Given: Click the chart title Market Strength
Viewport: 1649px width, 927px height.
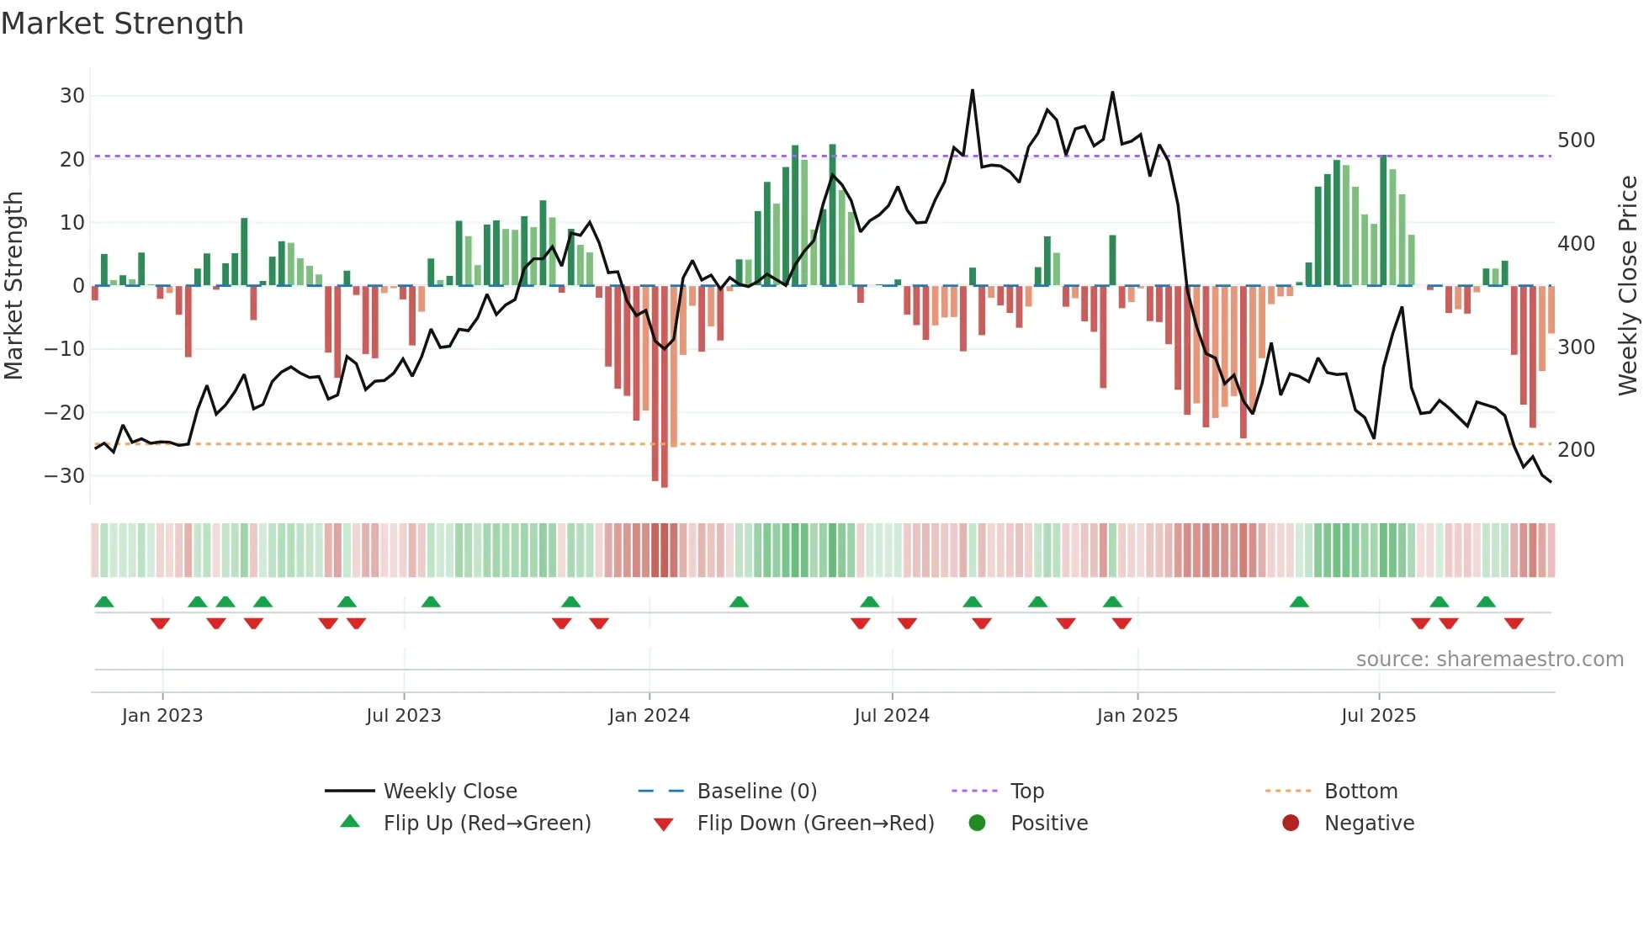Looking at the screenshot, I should [122, 24].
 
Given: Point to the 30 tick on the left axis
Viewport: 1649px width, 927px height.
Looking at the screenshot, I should [72, 96].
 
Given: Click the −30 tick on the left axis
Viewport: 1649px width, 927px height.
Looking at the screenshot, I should [66, 476].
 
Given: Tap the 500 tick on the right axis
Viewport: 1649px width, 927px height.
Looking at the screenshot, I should [1576, 140].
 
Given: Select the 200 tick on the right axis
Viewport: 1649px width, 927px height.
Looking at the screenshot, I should [1576, 450].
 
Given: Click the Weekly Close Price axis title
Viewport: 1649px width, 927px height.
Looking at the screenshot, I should [1628, 286].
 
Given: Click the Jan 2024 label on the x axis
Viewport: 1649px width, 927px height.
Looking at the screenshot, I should [649, 716].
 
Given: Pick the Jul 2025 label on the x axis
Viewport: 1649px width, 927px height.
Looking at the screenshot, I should [1378, 716].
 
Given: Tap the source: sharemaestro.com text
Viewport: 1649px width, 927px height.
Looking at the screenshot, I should [1489, 659].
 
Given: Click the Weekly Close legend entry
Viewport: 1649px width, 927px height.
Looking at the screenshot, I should [450, 792].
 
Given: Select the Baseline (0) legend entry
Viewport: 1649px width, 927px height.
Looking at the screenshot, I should [756, 792].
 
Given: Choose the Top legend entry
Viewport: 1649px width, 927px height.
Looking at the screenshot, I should [1026, 792].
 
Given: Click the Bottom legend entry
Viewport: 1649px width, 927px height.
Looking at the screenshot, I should [1360, 792].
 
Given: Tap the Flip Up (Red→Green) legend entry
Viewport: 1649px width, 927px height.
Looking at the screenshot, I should [486, 824].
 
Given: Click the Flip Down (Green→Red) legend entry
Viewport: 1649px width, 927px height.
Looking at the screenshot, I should [814, 824].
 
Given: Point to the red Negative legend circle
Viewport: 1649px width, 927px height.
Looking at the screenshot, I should [1291, 823].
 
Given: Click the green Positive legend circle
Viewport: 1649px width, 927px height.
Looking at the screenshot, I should [977, 823].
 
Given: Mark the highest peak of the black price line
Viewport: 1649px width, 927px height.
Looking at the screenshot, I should [973, 90].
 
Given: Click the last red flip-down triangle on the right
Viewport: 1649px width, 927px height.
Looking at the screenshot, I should [1514, 623].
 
